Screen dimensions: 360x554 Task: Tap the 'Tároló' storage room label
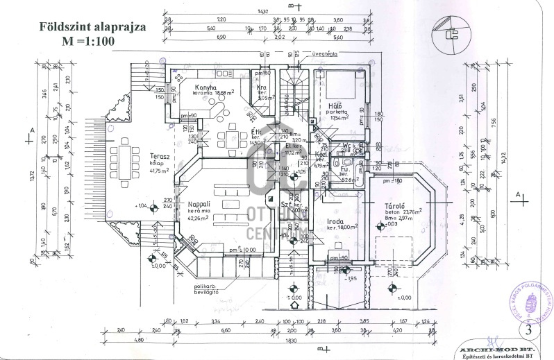click(x=396, y=207)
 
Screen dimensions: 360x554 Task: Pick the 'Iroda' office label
click(x=337, y=223)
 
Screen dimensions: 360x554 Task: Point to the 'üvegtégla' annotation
click(x=324, y=53)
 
